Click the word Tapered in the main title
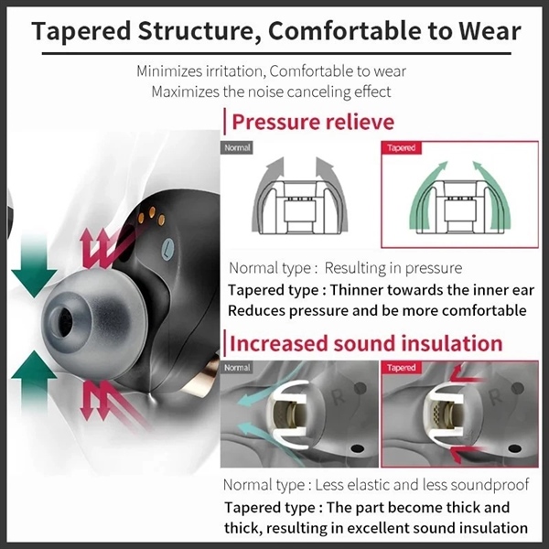(81, 31)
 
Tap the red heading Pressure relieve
(313, 122)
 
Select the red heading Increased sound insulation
(366, 343)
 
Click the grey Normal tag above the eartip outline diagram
(237, 147)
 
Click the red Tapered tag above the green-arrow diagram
(402, 147)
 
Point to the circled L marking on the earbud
(168, 249)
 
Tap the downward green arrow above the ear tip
(34, 267)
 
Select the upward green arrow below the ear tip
(33, 382)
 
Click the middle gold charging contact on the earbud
(152, 212)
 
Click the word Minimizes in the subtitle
(169, 71)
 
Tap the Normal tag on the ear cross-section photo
(237, 368)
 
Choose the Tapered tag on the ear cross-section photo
(402, 368)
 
